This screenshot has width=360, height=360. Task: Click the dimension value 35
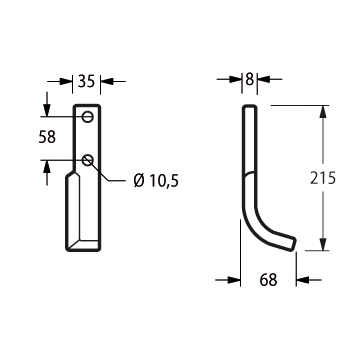tap(86, 81)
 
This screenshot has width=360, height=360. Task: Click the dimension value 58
tap(47, 137)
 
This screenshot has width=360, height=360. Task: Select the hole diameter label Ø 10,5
tap(156, 181)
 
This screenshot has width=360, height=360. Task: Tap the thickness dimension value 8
tap(249, 79)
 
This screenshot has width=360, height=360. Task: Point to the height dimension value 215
tap(323, 178)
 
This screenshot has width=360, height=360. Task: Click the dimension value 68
tap(268, 280)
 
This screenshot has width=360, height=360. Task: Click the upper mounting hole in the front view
tap(88, 117)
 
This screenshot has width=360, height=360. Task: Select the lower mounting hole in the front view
tap(88, 160)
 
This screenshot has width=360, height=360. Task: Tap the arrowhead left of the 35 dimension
tap(66, 81)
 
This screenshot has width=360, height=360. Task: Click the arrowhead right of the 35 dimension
tap(107, 81)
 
